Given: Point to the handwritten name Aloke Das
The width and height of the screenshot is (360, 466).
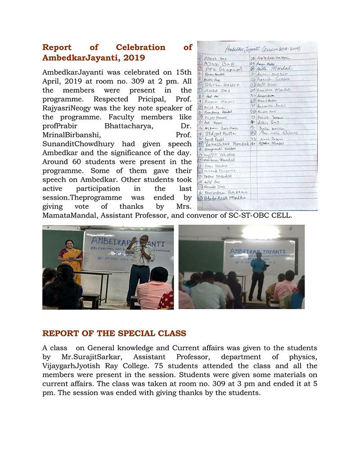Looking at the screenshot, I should pos(216,90).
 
